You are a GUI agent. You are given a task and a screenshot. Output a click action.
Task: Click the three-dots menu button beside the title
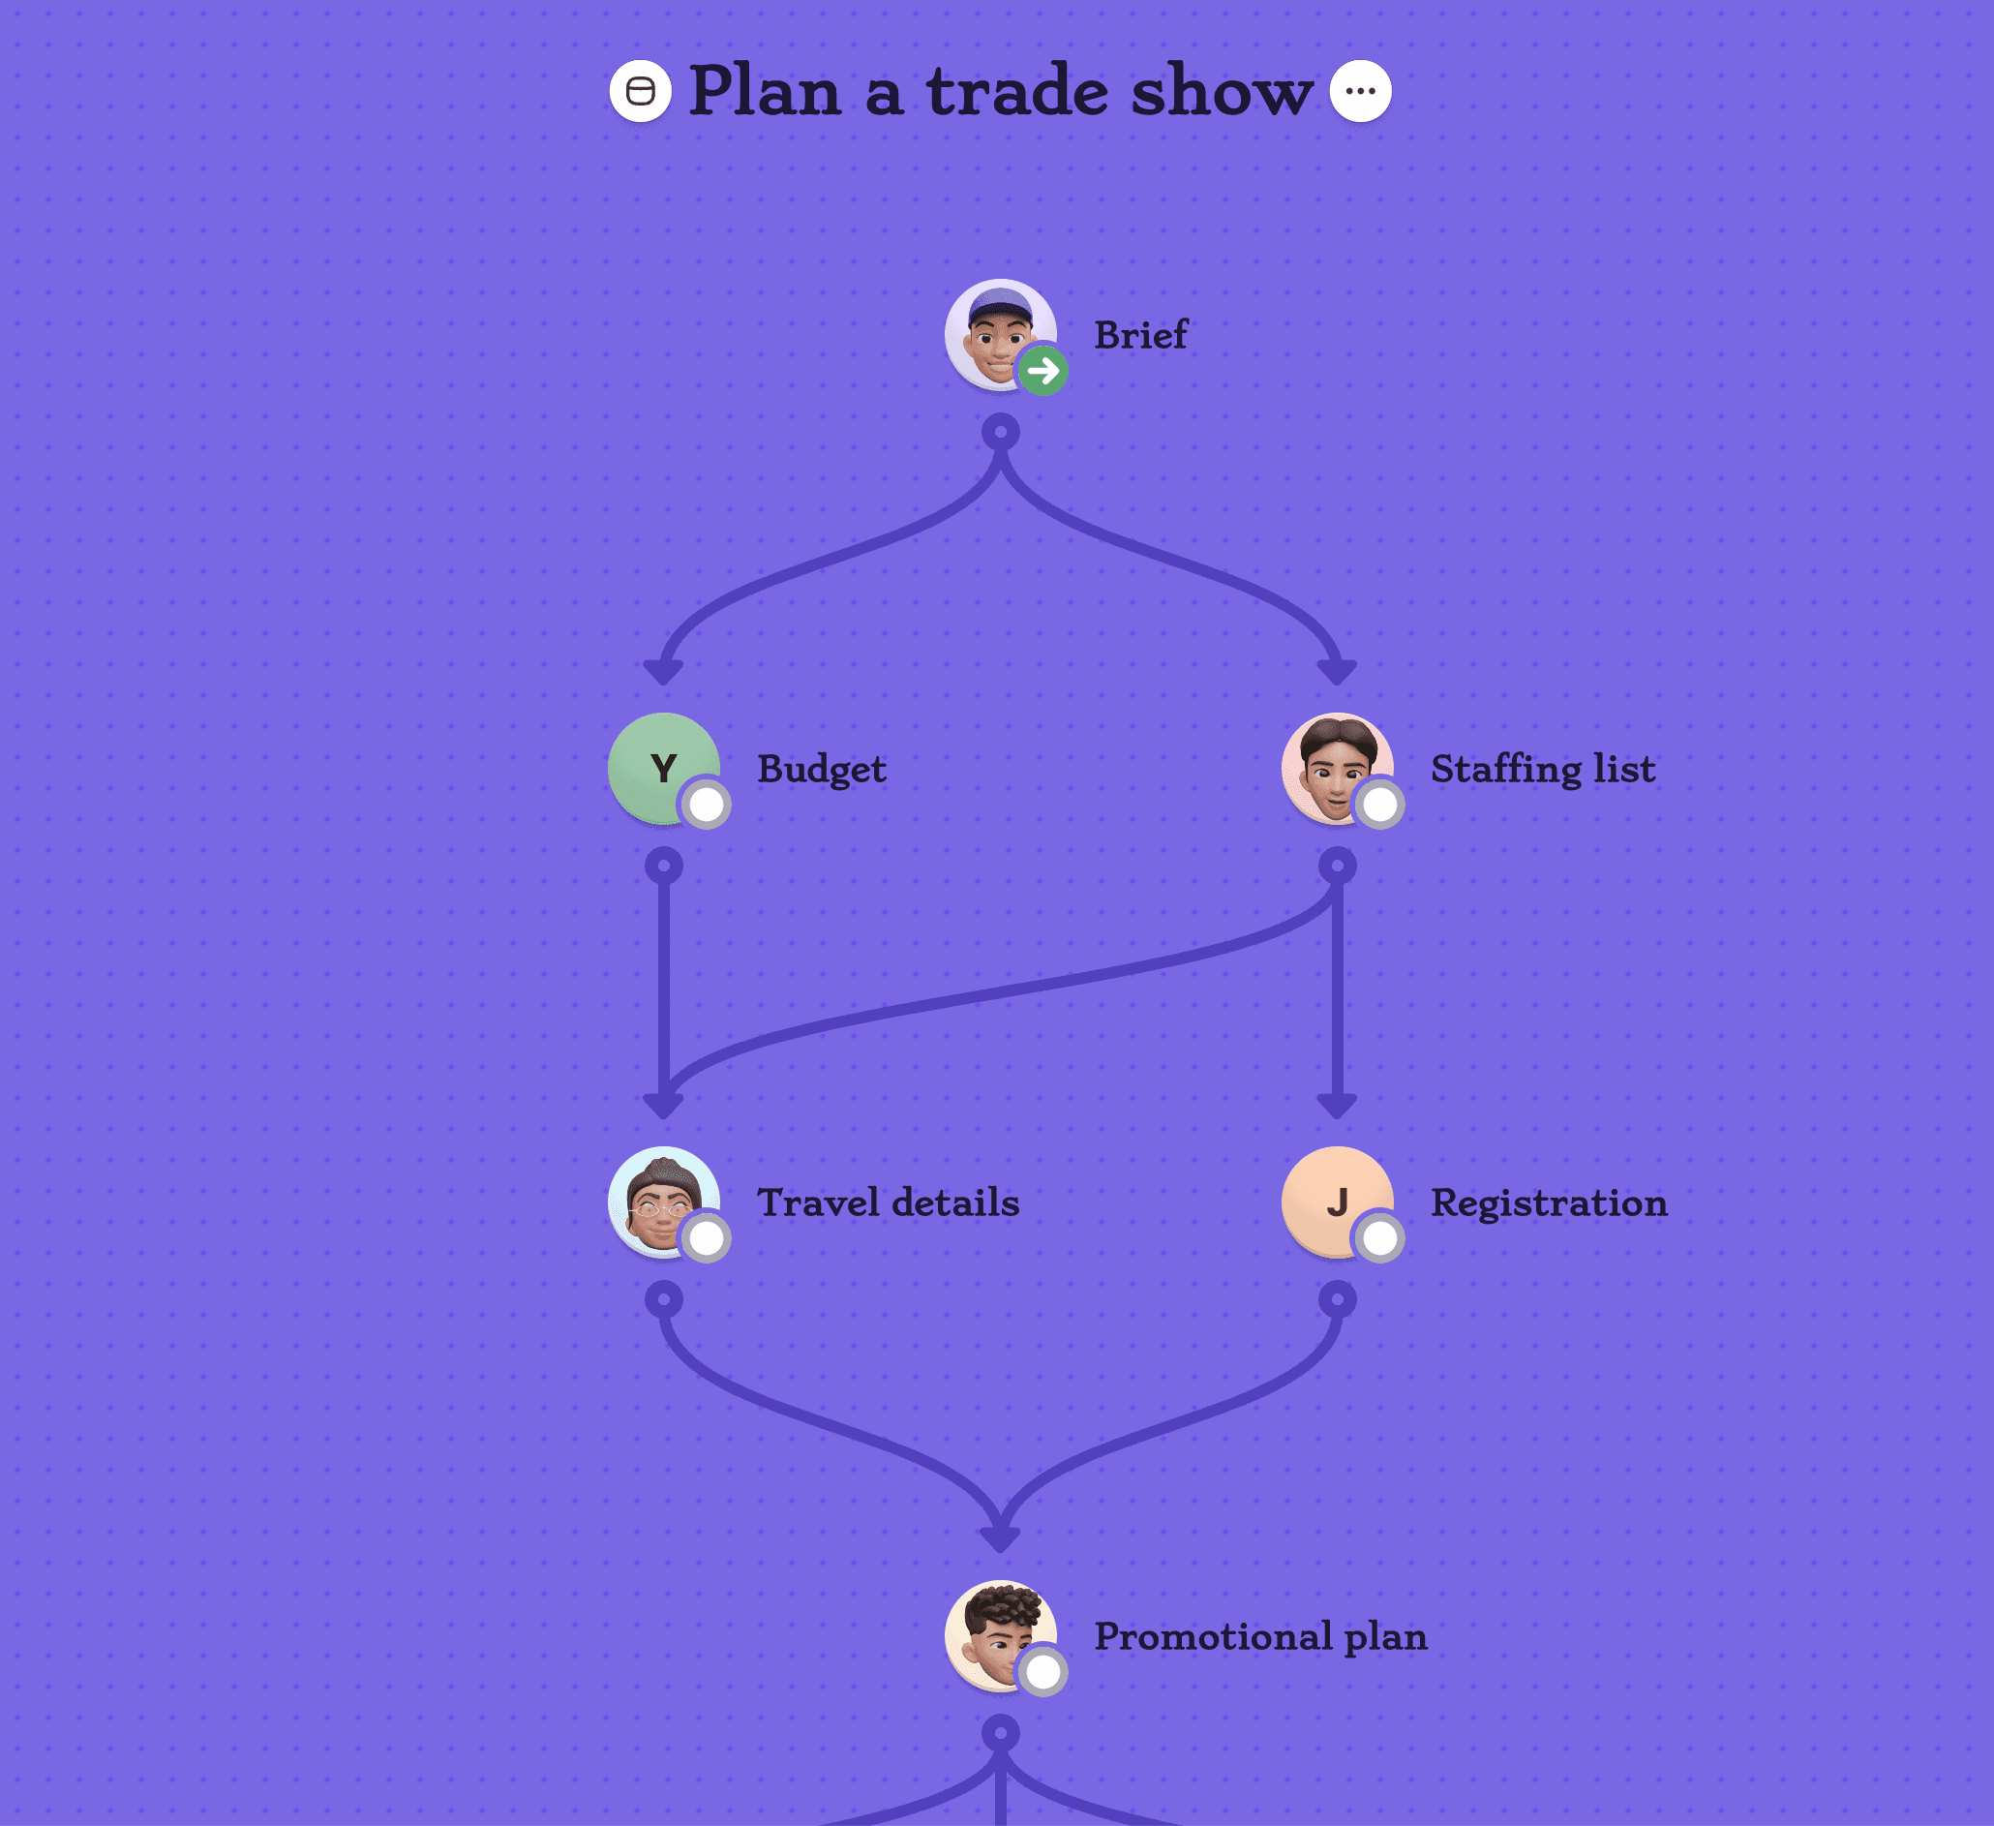[1360, 91]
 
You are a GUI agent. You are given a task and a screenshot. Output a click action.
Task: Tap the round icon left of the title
[640, 91]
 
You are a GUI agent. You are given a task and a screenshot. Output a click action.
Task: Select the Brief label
[1139, 335]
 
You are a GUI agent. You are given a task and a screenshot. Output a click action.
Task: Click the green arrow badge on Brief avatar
[1042, 371]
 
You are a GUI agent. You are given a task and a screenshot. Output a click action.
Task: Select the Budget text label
[821, 770]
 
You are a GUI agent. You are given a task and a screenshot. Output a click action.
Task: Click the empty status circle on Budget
[707, 805]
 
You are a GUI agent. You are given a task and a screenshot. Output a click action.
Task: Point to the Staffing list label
[1542, 770]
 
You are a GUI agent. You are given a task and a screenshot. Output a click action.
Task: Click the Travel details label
[888, 1202]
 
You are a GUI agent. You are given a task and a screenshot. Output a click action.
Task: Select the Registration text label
[1548, 1202]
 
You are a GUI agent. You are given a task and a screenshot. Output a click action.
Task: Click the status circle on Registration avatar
[1379, 1237]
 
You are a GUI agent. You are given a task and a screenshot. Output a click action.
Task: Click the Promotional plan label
[1260, 1636]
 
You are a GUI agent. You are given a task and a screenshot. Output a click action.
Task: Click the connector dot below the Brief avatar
[1001, 432]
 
